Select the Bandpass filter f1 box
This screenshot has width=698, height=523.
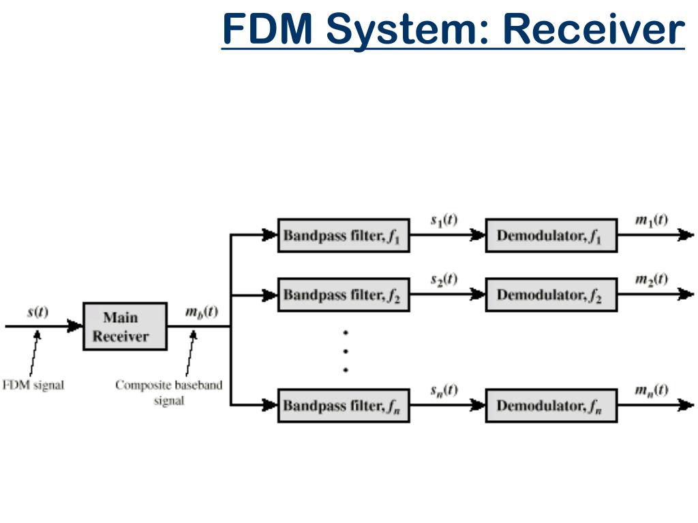[344, 235]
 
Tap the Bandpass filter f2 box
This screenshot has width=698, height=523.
[344, 294]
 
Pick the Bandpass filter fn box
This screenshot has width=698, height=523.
[344, 405]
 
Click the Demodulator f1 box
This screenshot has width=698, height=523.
[551, 235]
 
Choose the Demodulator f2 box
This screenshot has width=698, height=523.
[551, 294]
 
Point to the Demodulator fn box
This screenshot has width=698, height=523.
[551, 405]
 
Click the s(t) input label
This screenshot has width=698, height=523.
[38, 312]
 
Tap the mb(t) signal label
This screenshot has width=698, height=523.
[202, 312]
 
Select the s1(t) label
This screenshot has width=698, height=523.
[444, 220]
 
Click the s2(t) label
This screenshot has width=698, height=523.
[444, 279]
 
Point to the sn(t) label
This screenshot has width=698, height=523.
[444, 390]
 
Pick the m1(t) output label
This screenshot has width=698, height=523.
[651, 220]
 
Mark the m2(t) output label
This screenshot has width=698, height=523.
[651, 279]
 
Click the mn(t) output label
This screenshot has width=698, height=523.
[651, 390]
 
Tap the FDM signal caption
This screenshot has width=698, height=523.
[33, 385]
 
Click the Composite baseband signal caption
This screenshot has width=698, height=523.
[169, 392]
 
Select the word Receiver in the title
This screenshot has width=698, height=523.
[594, 29]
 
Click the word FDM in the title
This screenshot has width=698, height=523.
[267, 29]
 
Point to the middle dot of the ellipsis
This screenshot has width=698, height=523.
[346, 351]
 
